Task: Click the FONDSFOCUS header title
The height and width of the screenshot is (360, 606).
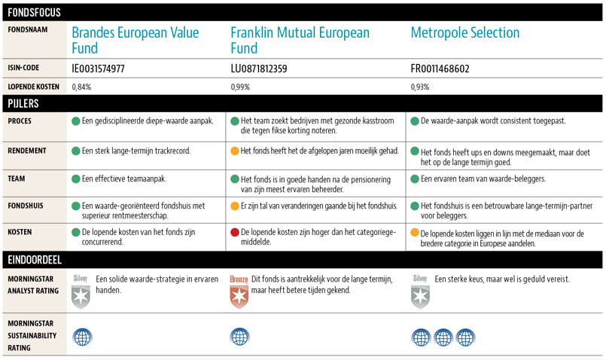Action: click(34, 12)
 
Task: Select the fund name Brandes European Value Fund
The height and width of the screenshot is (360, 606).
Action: click(135, 40)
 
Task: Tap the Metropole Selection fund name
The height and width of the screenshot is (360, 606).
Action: click(464, 32)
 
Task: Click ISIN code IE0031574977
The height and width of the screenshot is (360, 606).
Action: click(98, 69)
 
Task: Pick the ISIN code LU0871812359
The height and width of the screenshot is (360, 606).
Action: click(258, 69)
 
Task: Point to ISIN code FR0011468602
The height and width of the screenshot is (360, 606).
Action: click(440, 69)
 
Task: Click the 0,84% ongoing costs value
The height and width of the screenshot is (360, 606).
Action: click(81, 87)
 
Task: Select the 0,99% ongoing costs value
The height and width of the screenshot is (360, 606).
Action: click(240, 87)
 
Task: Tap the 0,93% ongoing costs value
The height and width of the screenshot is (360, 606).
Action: click(420, 87)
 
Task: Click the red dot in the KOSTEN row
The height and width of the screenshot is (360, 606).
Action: click(235, 233)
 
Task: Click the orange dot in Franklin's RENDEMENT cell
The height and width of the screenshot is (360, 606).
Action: click(235, 151)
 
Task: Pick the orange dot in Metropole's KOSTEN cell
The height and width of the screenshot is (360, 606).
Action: click(415, 233)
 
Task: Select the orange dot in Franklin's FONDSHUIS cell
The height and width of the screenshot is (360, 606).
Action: click(235, 206)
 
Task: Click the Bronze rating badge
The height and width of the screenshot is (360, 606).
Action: click(239, 291)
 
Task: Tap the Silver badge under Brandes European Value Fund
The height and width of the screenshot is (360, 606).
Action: click(81, 291)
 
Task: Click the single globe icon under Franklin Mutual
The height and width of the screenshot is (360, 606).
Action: click(239, 337)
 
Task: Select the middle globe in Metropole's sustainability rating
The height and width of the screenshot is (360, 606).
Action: click(443, 337)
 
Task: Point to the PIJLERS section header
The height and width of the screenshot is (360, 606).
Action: click(23, 103)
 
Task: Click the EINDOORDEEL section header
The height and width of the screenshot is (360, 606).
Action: click(35, 260)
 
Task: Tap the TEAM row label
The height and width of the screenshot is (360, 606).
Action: click(17, 179)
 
